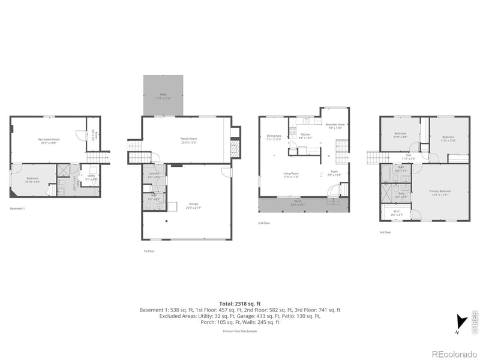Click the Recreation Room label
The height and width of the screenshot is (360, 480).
pyautogui.click(x=47, y=141)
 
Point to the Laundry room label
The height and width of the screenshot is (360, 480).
pyautogui.click(x=154, y=175)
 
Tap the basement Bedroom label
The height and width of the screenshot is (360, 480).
pyautogui.click(x=32, y=179)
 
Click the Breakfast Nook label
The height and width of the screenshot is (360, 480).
pyautogui.click(x=335, y=125)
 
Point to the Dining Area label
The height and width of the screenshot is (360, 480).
pyautogui.click(x=274, y=137)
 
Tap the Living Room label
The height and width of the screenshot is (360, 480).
pyautogui.click(x=292, y=175)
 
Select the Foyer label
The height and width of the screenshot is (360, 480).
pyautogui.click(x=334, y=173)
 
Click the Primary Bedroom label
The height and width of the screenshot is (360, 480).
pyautogui.click(x=440, y=192)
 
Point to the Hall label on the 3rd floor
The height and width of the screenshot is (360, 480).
pyautogui.click(x=408, y=157)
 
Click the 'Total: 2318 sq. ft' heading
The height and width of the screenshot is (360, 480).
pyautogui.click(x=240, y=304)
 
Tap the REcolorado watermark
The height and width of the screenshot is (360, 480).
pyautogui.click(x=454, y=352)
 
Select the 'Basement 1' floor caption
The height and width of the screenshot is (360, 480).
pyautogui.click(x=18, y=209)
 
